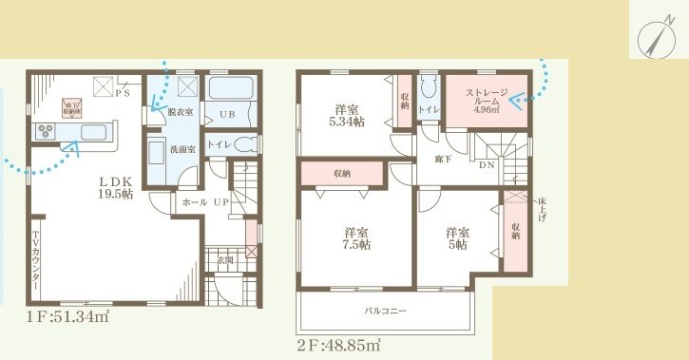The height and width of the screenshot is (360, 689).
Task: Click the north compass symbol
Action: pos(654,39)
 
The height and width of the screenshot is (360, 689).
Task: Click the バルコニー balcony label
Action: pos(384,311)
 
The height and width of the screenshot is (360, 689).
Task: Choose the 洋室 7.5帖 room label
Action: pos(356,238)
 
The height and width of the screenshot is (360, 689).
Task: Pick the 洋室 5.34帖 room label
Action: pos(345,115)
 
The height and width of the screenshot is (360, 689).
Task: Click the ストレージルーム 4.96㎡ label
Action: pos(486,101)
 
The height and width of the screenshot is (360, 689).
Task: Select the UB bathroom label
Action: pos(227,115)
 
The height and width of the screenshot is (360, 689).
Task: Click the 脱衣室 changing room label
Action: pos(180,113)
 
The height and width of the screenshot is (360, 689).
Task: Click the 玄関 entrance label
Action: pos(225,259)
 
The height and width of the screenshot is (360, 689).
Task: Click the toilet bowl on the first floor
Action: pos(249,145)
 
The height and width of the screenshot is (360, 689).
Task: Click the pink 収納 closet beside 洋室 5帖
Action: pos(514,233)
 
